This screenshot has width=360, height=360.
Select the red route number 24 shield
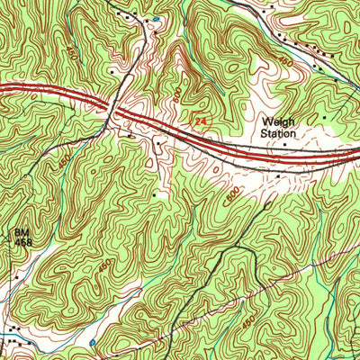(200, 117)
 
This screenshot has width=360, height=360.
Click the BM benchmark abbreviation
(22, 231)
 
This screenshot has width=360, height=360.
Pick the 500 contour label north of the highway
(178, 93)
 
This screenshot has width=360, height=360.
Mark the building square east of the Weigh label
(325, 117)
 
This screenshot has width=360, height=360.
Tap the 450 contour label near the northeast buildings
(310, 61)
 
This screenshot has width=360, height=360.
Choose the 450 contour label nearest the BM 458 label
(62, 163)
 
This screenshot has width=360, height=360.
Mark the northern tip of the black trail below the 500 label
(269, 203)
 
